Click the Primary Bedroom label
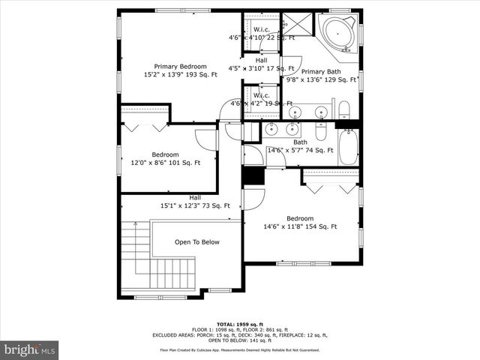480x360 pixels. pos(180,66)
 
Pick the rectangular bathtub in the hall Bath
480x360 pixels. pos(349,148)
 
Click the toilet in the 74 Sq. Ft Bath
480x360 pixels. pos(320,132)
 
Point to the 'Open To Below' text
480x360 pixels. pos(197,242)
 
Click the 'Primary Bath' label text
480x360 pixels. pos(321,72)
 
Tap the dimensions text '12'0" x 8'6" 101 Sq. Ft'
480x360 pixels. pos(165,163)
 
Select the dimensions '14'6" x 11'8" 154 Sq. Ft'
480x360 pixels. pos(300,226)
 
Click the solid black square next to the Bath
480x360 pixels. pos(253,177)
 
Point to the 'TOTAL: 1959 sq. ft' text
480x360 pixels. pos(240,324)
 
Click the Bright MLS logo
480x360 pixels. pos(30,349)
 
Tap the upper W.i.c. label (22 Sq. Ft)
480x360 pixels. pos(262,30)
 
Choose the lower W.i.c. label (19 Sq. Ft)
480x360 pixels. pos(262,96)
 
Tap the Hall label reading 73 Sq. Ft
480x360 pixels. pos(195,202)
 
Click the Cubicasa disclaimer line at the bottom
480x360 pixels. pos(240,349)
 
